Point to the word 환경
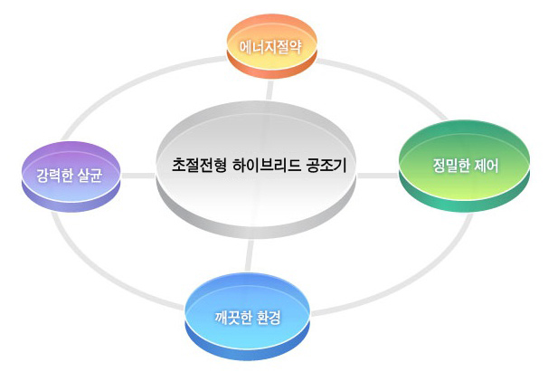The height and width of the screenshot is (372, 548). pyautogui.click(x=269, y=318)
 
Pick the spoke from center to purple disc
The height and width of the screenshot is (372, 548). pyautogui.click(x=136, y=174)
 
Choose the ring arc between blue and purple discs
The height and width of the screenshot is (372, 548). pyautogui.click(x=109, y=272)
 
